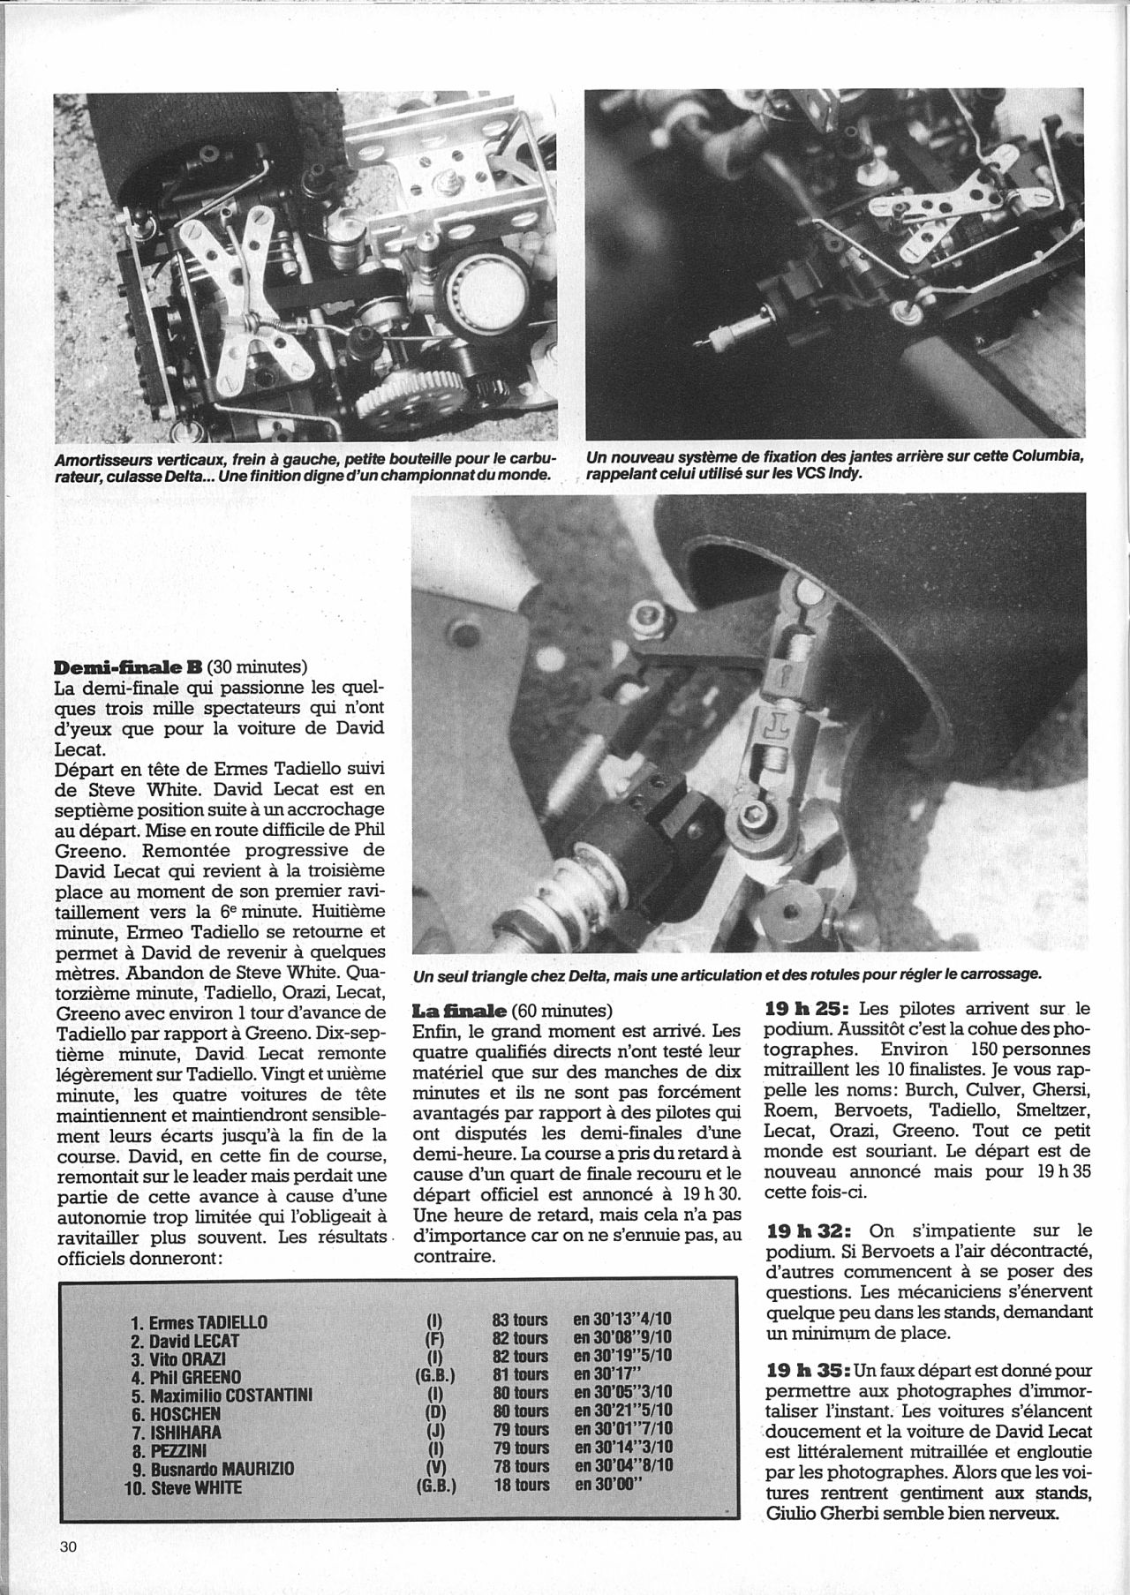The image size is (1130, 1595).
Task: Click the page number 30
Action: [x=70, y=1546]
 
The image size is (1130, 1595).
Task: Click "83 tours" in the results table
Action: [x=520, y=1320]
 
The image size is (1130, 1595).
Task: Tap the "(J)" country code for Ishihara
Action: [x=434, y=1430]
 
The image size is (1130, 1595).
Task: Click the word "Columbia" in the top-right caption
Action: [x=1048, y=456]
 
